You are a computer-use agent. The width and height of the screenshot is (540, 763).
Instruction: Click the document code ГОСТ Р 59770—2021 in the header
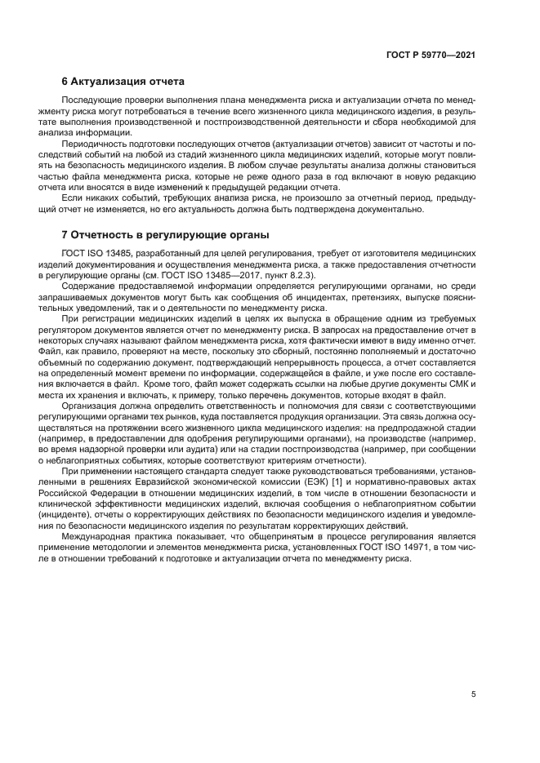(431, 54)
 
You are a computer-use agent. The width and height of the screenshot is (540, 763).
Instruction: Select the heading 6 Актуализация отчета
(123, 82)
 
